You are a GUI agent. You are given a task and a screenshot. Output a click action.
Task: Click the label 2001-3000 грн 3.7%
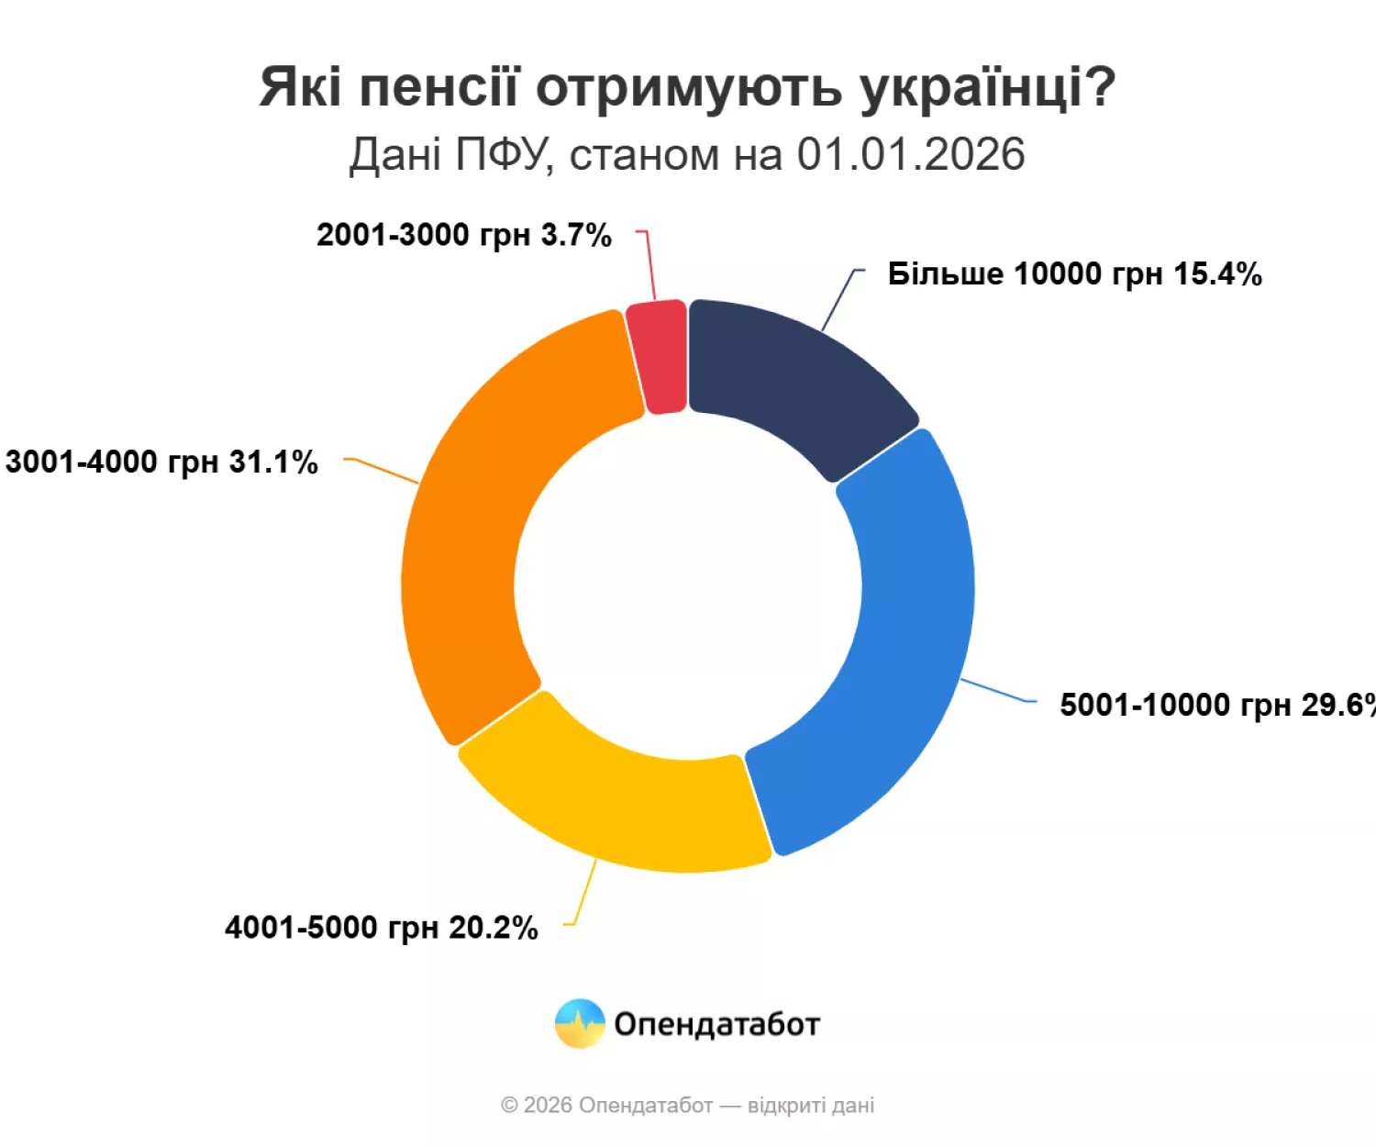click(463, 236)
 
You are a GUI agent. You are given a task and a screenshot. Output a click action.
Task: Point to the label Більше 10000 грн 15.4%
click(1074, 274)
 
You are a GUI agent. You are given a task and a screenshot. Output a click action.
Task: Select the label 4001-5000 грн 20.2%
click(381, 928)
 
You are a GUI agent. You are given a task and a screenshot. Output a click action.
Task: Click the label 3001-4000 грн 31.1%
click(161, 462)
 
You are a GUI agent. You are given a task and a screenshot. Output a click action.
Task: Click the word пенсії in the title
click(438, 88)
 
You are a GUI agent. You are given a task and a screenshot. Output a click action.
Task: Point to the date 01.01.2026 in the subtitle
click(910, 154)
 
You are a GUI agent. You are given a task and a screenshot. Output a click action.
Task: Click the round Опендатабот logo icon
click(580, 1024)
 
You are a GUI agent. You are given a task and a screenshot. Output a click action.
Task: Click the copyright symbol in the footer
click(509, 1106)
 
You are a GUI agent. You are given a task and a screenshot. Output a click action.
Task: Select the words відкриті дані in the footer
click(811, 1106)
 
